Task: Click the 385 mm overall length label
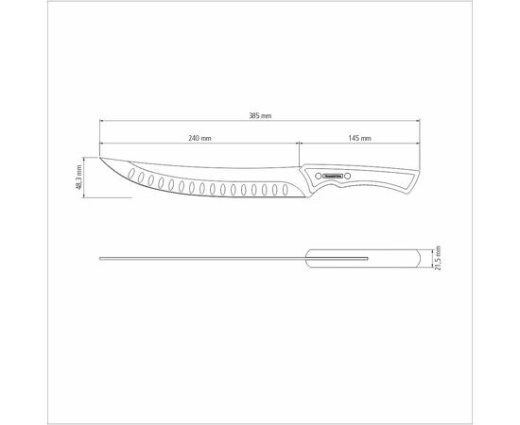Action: click(259, 115)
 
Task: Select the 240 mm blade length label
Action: click(199, 139)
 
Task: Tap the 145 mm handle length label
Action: click(359, 139)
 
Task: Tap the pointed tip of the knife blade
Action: click(99, 158)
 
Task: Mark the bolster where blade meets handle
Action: click(305, 185)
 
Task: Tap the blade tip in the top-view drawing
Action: click(101, 257)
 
